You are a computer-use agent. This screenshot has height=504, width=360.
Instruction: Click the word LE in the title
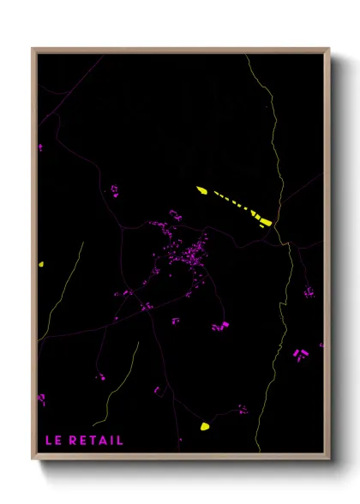pyautogui.click(x=53, y=441)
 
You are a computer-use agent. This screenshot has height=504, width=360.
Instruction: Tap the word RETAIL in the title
pyautogui.click(x=96, y=441)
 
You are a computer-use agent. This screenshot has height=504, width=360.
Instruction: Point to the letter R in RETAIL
pyautogui.click(x=73, y=441)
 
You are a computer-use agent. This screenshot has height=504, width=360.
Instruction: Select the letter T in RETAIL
pyautogui.click(x=93, y=441)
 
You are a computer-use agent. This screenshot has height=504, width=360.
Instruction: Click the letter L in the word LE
pyautogui.click(x=49, y=441)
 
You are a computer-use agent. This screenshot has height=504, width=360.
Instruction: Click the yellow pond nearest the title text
pyautogui.click(x=205, y=425)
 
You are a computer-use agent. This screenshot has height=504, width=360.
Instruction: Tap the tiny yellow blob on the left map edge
pyautogui.click(x=40, y=265)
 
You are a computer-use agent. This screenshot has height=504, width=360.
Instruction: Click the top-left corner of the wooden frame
pyautogui.click(x=33, y=50)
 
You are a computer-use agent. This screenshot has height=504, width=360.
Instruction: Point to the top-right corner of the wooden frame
pyautogui.click(x=328, y=50)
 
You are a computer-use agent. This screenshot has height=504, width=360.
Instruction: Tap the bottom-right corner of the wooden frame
pyautogui.click(x=328, y=459)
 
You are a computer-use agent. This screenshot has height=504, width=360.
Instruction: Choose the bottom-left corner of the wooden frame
pyautogui.click(x=33, y=459)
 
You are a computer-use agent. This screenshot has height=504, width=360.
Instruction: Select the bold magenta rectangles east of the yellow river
pyautogui.click(x=300, y=354)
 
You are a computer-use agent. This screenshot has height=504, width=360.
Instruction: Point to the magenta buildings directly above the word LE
pyautogui.click(x=41, y=399)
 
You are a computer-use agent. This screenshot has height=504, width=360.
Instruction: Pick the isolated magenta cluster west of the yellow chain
pyautogui.click(x=113, y=189)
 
